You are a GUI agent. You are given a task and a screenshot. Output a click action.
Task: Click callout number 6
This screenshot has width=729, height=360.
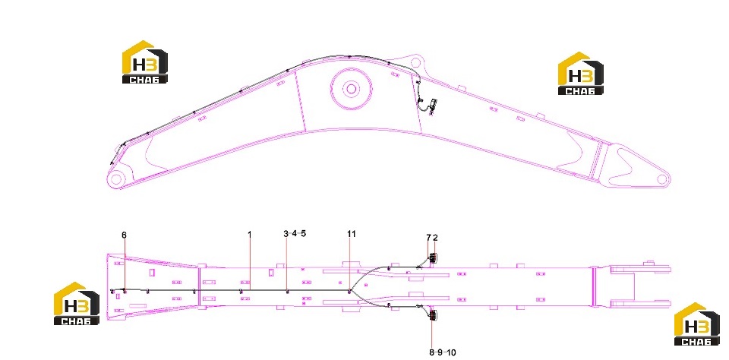pyautogui.click(x=124, y=235)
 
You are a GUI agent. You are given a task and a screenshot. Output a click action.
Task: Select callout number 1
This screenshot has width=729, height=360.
pyautogui.click(x=250, y=234)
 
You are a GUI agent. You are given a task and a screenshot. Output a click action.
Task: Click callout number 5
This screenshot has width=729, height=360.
pyautogui.click(x=304, y=234)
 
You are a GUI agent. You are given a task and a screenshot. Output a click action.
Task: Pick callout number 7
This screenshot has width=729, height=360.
pyautogui.click(x=428, y=238)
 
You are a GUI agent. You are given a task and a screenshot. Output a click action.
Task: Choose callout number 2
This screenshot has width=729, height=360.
pyautogui.click(x=435, y=238)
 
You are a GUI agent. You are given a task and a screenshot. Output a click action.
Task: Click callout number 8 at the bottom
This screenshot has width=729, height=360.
pyautogui.click(x=431, y=352)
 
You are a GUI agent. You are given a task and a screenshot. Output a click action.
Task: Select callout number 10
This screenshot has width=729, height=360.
pyautogui.click(x=451, y=352)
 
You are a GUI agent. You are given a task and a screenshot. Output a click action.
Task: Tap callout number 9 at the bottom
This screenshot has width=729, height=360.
pyautogui.click(x=440, y=352)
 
